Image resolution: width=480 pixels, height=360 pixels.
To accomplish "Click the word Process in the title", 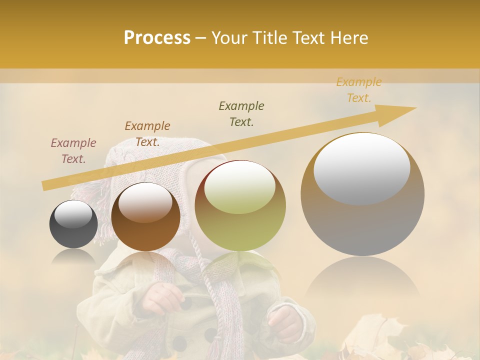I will coord(157,38).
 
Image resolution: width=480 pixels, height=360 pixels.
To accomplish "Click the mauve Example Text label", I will coord(73,151).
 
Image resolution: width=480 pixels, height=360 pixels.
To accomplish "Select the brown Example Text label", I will coord(147,134).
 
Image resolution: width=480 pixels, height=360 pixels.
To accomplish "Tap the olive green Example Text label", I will coord(241,114).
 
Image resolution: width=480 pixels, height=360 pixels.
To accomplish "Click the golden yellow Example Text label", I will coord(359,90).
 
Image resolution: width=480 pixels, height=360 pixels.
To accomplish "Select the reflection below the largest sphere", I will coord(362,280).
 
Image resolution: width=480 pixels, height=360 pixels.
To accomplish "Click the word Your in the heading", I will coord(228,38).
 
